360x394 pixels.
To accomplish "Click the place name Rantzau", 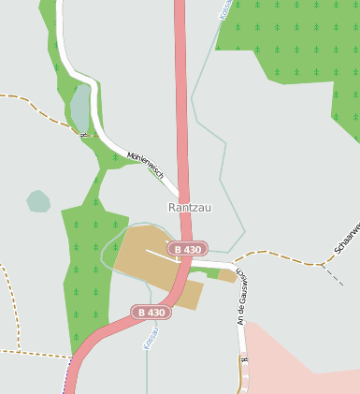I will (x=190, y=207).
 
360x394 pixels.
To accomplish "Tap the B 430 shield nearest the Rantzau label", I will (x=187, y=249).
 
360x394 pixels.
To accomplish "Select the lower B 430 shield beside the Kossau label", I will (x=151, y=312).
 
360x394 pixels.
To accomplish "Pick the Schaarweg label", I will (x=347, y=240).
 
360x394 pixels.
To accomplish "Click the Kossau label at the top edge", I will (x=224, y=9).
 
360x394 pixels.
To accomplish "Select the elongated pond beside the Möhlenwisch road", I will (x=81, y=108).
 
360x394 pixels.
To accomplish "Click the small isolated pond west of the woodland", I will (x=38, y=200).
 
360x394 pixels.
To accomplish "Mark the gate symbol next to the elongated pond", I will (x=84, y=134).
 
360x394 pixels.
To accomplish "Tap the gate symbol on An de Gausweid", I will (x=244, y=359).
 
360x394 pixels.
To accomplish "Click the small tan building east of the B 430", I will (x=227, y=276).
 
